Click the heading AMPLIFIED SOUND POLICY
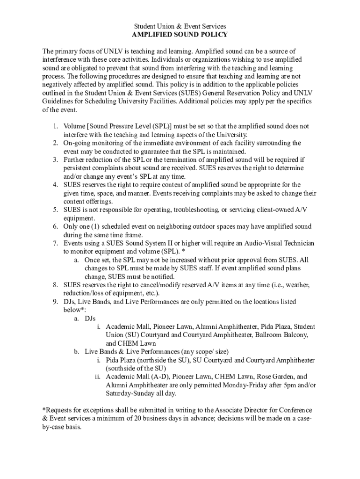tap(180, 35)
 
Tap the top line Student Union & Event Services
tap(180, 26)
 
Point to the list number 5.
tap(55, 210)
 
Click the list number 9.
tap(55, 302)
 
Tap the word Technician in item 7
tap(297, 243)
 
